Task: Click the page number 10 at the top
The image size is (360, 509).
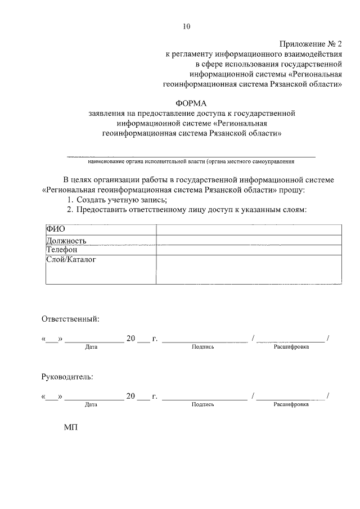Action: point(187,26)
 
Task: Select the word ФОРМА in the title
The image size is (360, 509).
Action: point(191,103)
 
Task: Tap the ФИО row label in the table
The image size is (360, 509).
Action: point(56,229)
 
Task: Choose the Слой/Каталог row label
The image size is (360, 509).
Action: point(71,260)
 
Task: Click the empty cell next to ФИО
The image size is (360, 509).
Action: point(249,229)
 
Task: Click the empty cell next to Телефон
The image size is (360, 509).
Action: point(249,250)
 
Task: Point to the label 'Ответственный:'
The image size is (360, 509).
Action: point(70,319)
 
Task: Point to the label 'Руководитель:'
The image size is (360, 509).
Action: point(67,376)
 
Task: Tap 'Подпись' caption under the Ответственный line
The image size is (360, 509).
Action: point(202,347)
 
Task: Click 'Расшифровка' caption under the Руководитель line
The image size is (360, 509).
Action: point(291,404)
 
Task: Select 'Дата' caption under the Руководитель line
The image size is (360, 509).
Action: point(91,404)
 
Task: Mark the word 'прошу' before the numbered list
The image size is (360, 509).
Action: point(291,190)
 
